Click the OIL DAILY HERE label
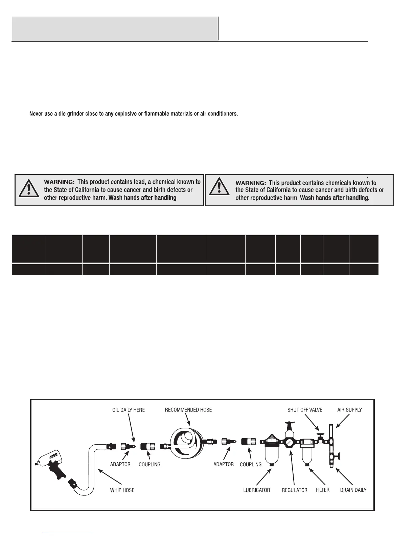coord(128,410)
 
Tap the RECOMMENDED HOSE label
coord(188,410)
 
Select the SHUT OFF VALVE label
coord(305,410)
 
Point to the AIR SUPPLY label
coord(349,410)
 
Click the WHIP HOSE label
coord(122,490)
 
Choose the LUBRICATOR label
coord(257,490)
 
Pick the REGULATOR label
coord(295,490)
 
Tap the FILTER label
coord(322,490)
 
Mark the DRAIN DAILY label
coord(353,490)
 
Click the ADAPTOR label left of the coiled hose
coord(120,464)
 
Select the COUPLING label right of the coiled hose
coord(251,464)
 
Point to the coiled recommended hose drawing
coord(185,441)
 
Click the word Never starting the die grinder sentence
coord(37,114)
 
